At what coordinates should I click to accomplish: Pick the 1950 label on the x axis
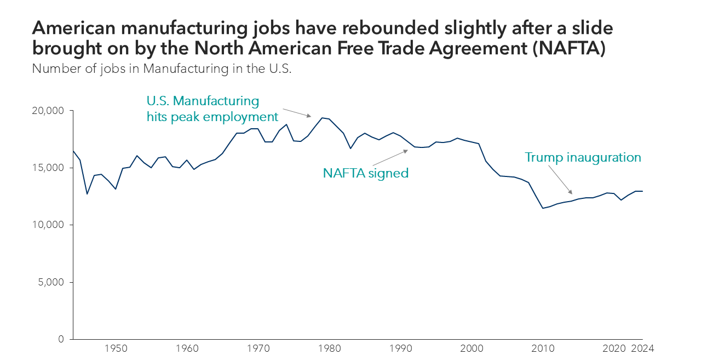(x=116, y=348)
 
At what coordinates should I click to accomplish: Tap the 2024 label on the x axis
(x=642, y=348)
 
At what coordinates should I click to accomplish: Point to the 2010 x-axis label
(x=542, y=348)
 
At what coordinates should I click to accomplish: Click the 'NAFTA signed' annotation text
(x=366, y=173)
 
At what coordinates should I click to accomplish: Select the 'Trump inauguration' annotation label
(x=583, y=157)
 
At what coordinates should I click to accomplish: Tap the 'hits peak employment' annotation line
(x=212, y=117)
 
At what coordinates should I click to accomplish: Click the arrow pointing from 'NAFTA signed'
(x=390, y=157)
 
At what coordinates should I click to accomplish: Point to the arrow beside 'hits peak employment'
(x=297, y=112)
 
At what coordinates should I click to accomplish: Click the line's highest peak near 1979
(x=322, y=117)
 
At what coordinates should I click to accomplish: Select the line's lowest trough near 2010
(x=543, y=208)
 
